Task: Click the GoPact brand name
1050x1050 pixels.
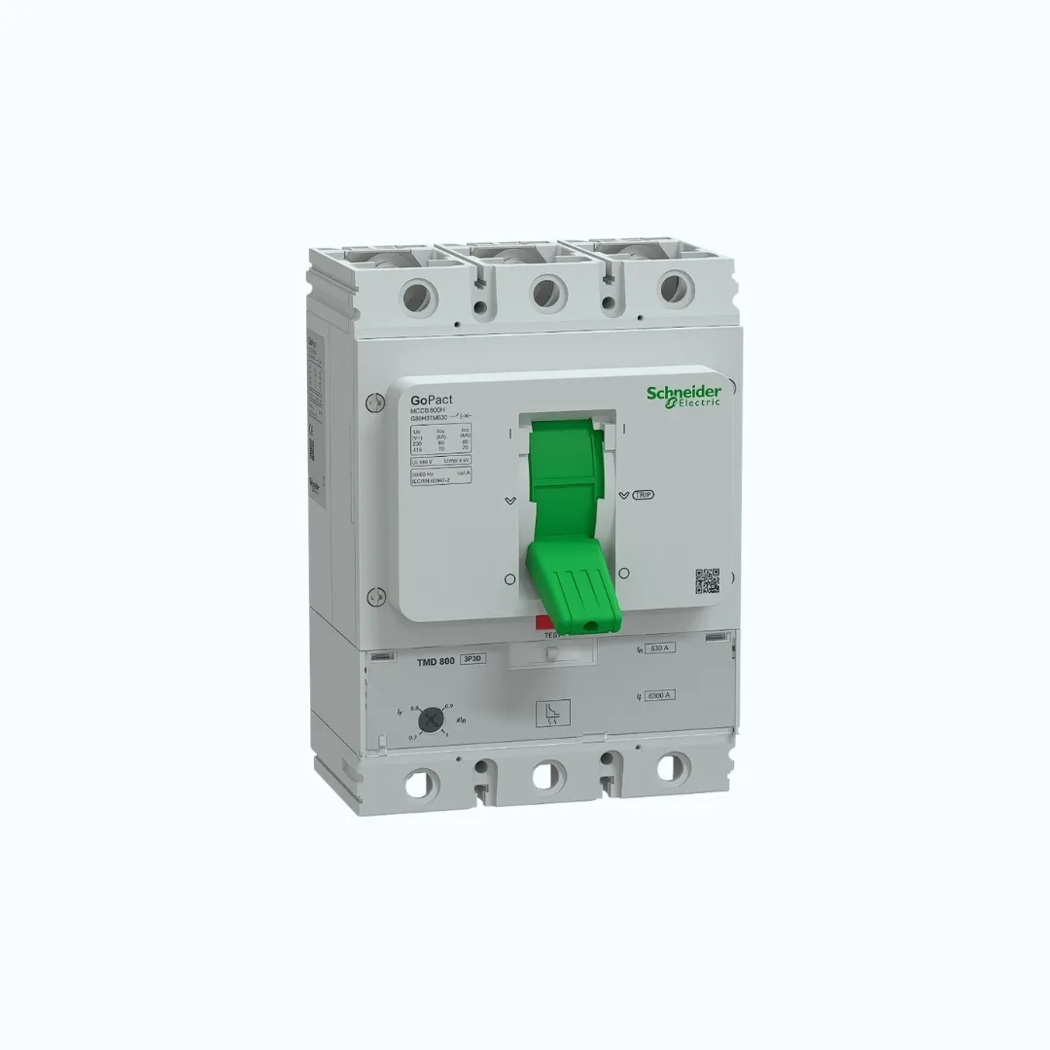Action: click(x=432, y=400)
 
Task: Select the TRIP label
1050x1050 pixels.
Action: click(x=643, y=495)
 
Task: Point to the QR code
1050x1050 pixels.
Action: click(x=707, y=580)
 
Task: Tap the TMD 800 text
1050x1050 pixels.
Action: click(x=436, y=661)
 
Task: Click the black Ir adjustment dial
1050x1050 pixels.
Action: click(x=430, y=719)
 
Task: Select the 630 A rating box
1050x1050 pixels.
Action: click(x=661, y=648)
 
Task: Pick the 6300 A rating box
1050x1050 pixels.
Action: click(x=661, y=694)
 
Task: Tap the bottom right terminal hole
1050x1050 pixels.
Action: click(x=670, y=768)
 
